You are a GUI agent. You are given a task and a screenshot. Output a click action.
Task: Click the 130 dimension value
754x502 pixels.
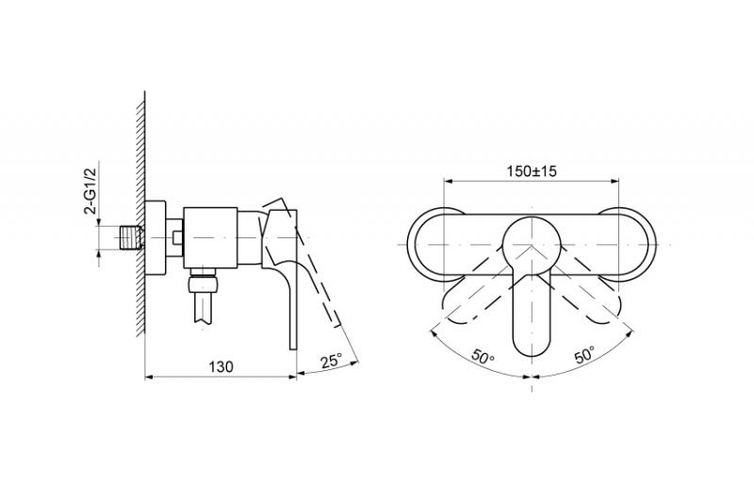click(221, 366)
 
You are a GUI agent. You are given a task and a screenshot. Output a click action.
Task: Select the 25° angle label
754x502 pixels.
click(332, 361)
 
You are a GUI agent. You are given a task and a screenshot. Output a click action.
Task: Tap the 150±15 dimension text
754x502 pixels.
click(532, 170)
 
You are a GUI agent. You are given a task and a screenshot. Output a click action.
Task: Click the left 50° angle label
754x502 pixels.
click(483, 357)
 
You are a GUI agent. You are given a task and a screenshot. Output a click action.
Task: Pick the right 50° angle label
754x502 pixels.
click(584, 355)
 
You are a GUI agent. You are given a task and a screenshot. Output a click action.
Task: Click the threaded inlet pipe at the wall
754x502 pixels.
click(131, 237)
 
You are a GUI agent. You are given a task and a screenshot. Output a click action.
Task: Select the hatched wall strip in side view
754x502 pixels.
click(139, 214)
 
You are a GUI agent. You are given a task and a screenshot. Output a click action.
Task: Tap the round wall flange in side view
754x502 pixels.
click(156, 237)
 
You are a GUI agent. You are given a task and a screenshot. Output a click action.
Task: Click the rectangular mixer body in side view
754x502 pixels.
click(210, 237)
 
